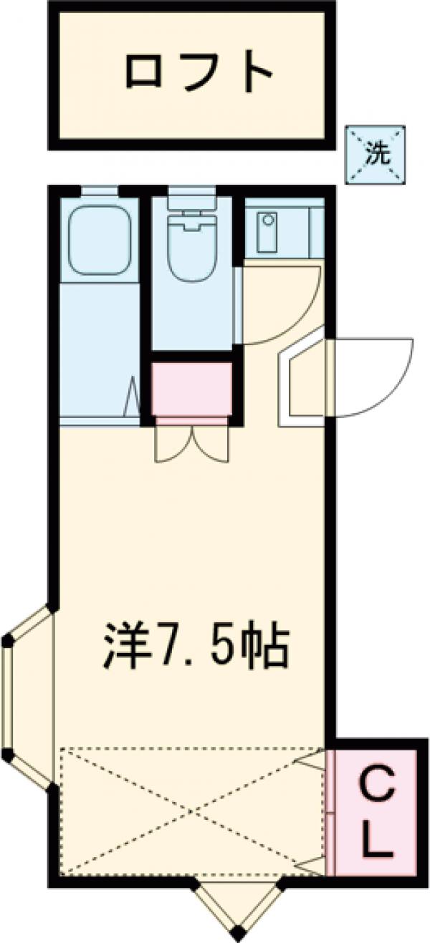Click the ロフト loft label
(x=199, y=71)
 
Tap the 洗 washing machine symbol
(x=376, y=155)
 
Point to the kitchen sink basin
(x=267, y=231)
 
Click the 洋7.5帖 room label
(x=195, y=644)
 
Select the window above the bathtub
(x=99, y=190)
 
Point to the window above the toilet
(x=191, y=190)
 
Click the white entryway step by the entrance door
(x=301, y=379)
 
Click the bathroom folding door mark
(x=133, y=397)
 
